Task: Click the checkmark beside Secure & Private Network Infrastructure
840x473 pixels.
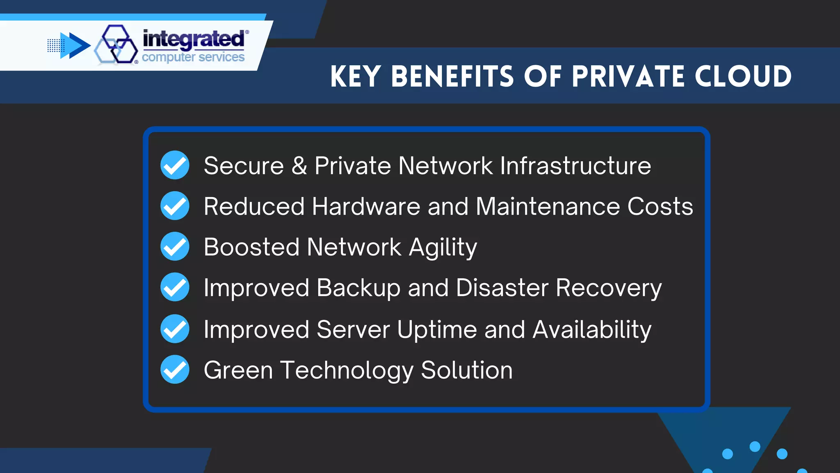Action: pyautogui.click(x=175, y=165)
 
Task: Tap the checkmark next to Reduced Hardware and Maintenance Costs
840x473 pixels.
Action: pyautogui.click(x=175, y=206)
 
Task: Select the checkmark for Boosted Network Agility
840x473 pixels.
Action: pyautogui.click(x=175, y=246)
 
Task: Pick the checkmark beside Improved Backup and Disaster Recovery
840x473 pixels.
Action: pyautogui.click(x=175, y=287)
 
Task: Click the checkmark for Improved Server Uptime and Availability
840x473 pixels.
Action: pyautogui.click(x=175, y=328)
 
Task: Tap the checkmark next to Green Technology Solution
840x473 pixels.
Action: pyautogui.click(x=175, y=370)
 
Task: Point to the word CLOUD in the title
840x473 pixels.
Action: pyautogui.click(x=743, y=77)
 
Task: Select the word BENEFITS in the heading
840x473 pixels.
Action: pyautogui.click(x=452, y=77)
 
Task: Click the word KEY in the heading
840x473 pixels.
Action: pyautogui.click(x=356, y=77)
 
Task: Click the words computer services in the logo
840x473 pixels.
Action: pyautogui.click(x=193, y=57)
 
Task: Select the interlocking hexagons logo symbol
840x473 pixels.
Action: pyautogui.click(x=116, y=44)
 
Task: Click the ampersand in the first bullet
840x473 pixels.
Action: pyautogui.click(x=299, y=165)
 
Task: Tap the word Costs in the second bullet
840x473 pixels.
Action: pyautogui.click(x=660, y=206)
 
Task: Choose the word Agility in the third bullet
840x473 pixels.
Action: pyautogui.click(x=443, y=248)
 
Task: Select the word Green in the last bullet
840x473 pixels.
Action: pyautogui.click(x=238, y=370)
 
